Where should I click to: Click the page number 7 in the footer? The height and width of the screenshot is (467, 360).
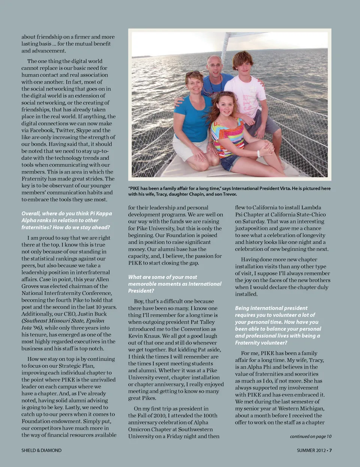(330, 450)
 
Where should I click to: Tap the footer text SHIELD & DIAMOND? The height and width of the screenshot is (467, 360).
(41, 450)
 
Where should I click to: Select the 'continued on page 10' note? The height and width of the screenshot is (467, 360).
(310, 436)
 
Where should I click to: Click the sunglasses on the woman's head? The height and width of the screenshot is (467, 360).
(192, 73)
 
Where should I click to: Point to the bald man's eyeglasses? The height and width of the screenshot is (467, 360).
(215, 66)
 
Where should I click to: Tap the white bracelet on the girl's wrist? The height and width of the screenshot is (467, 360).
(259, 154)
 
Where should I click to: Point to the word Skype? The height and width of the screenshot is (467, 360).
(83, 131)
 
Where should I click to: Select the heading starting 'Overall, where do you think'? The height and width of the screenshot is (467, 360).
(66, 220)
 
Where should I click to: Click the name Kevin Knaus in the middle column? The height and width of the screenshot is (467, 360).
(142, 336)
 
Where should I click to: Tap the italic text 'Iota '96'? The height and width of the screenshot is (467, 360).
(33, 328)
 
